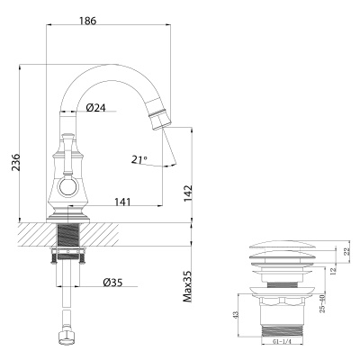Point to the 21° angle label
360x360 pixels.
tap(139, 159)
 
